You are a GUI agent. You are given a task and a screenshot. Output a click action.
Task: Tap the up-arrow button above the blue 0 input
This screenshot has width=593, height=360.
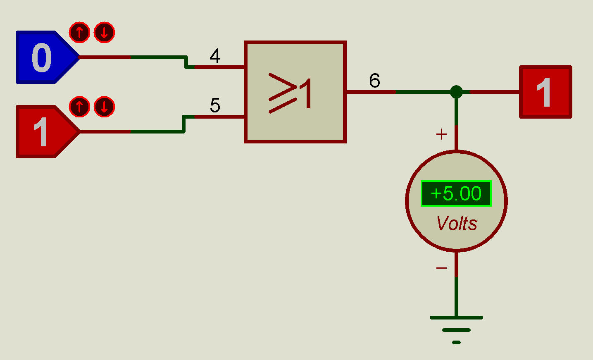(x=79, y=32)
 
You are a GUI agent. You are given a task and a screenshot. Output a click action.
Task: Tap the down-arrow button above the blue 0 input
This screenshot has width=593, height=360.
(x=104, y=32)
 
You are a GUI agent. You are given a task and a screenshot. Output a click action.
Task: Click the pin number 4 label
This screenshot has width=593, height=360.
(x=215, y=56)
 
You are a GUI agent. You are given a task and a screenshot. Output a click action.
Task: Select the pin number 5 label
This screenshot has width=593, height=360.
(x=215, y=105)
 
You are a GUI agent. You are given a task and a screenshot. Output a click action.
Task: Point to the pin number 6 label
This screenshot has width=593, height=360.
(x=374, y=80)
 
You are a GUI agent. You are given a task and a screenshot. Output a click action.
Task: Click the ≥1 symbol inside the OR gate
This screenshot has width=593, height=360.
(x=290, y=93)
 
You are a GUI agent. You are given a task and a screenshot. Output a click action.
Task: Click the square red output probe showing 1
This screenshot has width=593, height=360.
(x=545, y=92)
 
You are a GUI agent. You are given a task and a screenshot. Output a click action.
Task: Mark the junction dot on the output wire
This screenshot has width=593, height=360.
(x=456, y=92)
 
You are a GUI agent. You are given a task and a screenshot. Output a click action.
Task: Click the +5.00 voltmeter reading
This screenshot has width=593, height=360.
(x=456, y=193)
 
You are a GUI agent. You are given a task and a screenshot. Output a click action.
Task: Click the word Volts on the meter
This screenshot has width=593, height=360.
(x=457, y=224)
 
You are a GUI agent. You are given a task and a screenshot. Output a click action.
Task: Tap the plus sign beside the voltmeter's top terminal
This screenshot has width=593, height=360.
(x=442, y=134)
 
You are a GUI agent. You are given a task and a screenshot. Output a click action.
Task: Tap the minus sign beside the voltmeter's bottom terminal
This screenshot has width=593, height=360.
(x=442, y=268)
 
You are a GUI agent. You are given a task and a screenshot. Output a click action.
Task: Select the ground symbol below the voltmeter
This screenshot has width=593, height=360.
(x=456, y=330)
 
